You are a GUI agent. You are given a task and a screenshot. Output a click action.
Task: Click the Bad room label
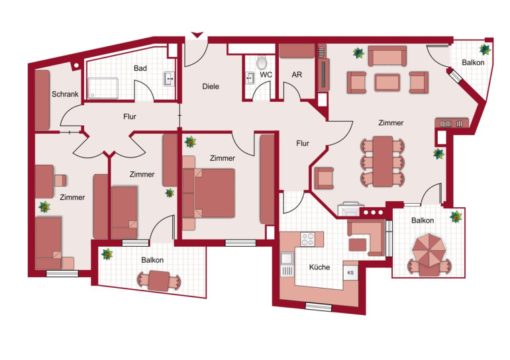140,68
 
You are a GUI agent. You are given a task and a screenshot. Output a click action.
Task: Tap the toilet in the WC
262,62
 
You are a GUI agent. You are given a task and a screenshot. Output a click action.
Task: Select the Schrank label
65,94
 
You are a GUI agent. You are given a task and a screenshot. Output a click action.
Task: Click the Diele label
211,87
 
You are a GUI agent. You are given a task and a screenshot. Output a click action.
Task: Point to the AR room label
297,75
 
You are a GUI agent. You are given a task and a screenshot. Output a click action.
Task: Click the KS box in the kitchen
350,273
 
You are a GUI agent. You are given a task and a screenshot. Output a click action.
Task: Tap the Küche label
319,267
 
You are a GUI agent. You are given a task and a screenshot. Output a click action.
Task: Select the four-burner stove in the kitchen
308,240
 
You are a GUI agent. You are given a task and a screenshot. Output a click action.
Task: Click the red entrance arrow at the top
197,35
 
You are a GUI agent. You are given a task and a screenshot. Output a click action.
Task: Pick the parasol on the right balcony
429,250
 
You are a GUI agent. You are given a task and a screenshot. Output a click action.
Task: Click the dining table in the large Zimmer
383,161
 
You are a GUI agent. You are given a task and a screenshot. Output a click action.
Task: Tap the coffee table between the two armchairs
387,83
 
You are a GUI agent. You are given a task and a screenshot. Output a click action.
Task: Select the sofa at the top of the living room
387,56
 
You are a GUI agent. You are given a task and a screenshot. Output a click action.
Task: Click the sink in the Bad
169,79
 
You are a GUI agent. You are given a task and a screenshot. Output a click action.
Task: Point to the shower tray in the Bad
103,88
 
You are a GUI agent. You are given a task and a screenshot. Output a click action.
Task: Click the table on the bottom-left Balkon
158,281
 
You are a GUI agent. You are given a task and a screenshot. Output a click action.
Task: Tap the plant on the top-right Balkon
485,50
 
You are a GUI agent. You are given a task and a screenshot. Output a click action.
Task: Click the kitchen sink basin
287,259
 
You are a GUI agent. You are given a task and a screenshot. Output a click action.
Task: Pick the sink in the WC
250,78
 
